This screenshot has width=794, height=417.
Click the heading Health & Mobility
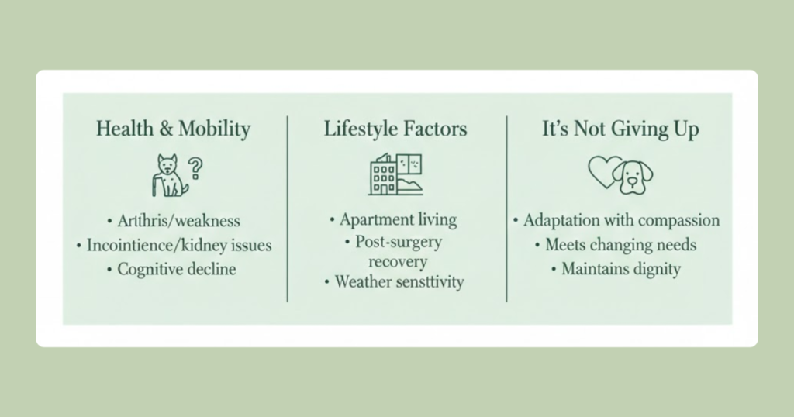click(173, 129)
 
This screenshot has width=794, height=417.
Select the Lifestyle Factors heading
click(395, 129)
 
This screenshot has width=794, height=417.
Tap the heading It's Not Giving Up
click(620, 129)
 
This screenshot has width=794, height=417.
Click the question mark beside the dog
click(195, 168)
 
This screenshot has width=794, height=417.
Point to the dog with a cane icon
click(170, 176)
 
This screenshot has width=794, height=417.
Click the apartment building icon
click(395, 174)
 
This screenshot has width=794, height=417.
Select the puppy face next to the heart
click(633, 177)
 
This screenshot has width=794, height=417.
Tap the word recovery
click(398, 262)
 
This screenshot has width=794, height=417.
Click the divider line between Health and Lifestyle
click(288, 208)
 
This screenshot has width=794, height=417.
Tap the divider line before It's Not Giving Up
click(507, 208)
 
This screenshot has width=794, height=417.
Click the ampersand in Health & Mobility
click(166, 129)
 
